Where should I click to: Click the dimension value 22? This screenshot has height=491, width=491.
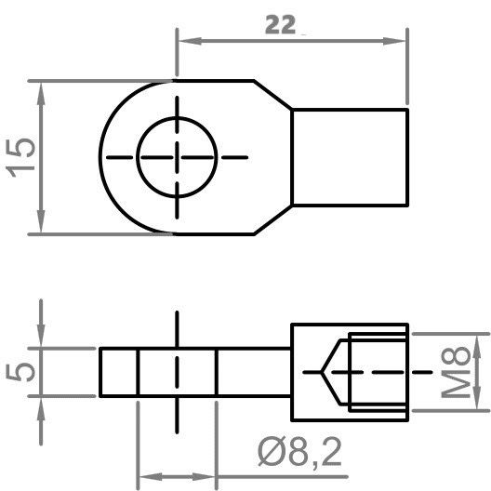(283, 27)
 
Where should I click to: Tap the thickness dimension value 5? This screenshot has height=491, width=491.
(25, 371)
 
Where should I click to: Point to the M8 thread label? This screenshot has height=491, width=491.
(455, 372)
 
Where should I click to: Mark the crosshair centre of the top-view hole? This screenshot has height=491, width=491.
(177, 156)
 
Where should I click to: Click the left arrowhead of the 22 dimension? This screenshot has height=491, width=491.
(184, 41)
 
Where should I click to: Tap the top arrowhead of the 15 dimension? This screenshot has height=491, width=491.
(39, 88)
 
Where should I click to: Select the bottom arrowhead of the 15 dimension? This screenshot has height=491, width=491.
(39, 226)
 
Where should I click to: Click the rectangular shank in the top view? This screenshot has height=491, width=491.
(351, 156)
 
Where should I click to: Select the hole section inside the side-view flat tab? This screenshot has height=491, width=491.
(177, 372)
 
